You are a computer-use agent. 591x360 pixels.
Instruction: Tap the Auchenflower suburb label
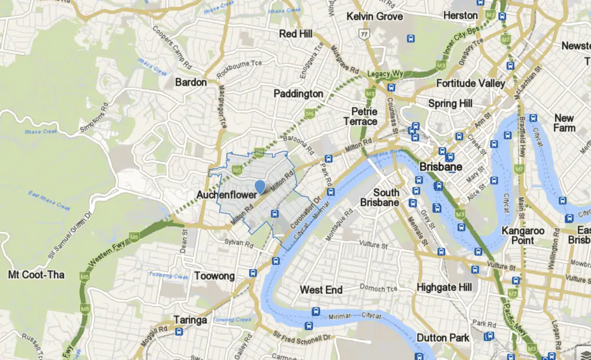227,195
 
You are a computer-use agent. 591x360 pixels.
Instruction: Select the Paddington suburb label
298,94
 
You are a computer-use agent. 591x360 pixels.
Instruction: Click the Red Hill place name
295,34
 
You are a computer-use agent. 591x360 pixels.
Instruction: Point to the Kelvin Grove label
374,17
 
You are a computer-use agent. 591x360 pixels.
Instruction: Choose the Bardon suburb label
191,82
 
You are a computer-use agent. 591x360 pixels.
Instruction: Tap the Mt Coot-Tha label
36,275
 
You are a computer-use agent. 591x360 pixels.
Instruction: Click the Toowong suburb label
214,276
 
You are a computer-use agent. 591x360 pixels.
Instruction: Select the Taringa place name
190,320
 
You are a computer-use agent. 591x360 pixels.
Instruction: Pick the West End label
321,290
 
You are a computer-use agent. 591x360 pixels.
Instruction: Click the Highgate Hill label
444,287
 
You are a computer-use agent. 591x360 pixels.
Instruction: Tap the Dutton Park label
442,338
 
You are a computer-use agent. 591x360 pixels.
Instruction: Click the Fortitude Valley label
470,83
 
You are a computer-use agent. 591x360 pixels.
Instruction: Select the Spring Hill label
450,104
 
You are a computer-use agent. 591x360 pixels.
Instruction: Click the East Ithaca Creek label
49,200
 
